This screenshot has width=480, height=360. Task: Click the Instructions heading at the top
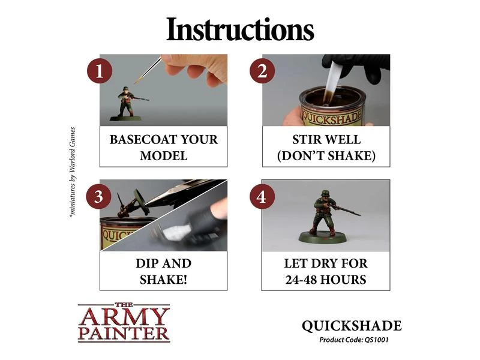point(241,29)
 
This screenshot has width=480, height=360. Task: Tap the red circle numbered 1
point(100,71)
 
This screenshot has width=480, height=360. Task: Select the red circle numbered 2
point(262,71)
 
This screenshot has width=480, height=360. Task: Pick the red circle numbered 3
point(98,197)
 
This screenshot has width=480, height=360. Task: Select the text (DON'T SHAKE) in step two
point(326,156)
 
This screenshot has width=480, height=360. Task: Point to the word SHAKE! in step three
point(163,280)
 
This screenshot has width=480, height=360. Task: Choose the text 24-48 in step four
point(302,280)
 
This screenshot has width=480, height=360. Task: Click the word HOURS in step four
point(344,280)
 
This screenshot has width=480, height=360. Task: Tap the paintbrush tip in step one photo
point(136,82)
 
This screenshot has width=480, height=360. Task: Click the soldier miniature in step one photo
point(128,103)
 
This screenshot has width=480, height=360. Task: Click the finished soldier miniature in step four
point(328,218)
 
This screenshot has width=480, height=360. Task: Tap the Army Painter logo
point(124,322)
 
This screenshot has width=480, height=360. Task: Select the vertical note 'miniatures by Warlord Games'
point(73,172)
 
